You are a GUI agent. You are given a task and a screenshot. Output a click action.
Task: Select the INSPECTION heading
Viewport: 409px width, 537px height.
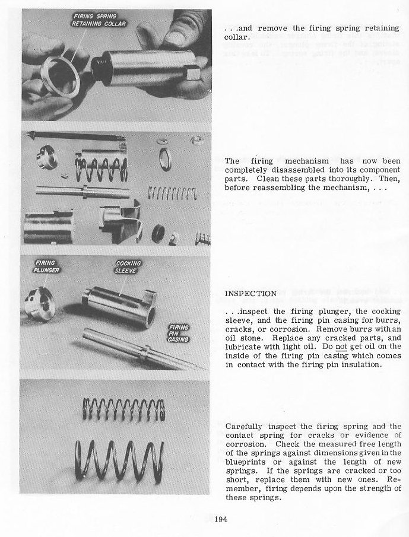click(x=251, y=294)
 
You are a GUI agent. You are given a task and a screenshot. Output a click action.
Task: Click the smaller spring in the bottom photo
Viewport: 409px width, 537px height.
click(x=123, y=409)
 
